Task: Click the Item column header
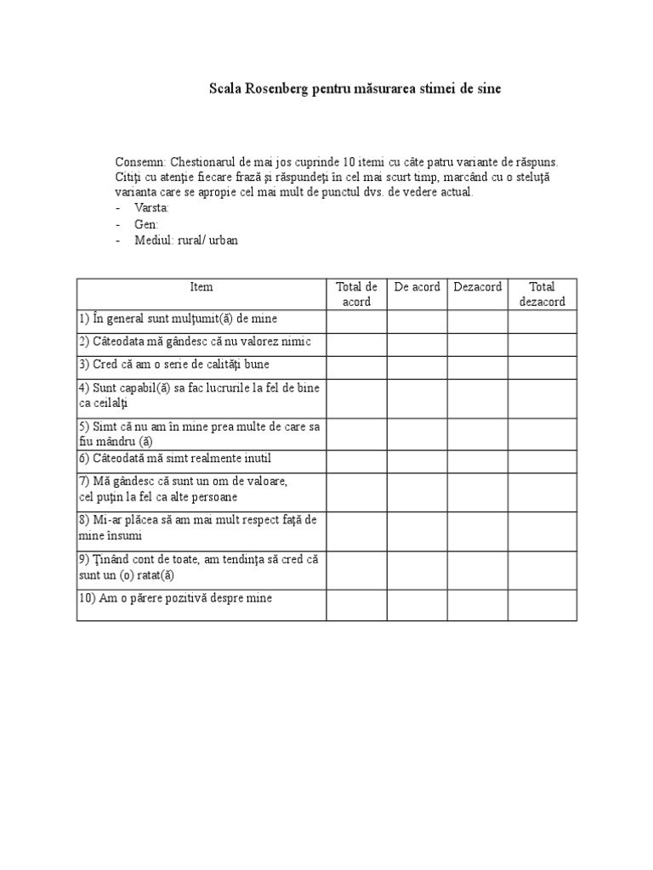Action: pos(202,287)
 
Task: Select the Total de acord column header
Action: pos(356,294)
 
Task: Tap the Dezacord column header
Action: pos(477,287)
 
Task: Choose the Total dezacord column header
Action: pos(542,294)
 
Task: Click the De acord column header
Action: pos(417,287)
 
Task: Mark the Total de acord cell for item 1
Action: pos(356,321)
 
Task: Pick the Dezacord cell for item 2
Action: pos(477,344)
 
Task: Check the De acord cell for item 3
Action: pos(417,367)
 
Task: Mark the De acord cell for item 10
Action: pos(417,605)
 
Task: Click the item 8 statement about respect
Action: pos(197,528)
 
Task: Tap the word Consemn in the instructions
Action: pos(140,161)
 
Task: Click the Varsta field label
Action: pos(152,208)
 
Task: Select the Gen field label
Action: pos(146,224)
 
